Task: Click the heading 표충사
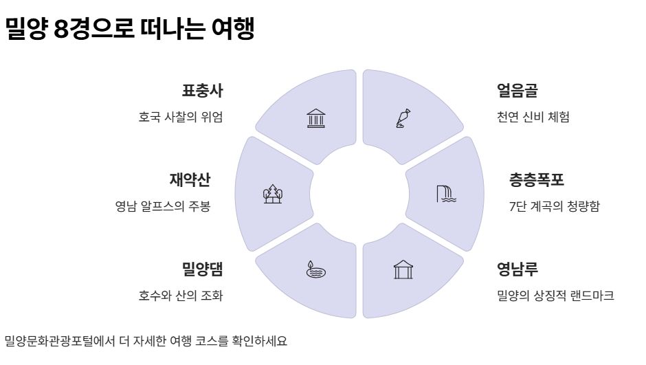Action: (x=202, y=91)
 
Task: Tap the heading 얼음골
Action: (x=517, y=91)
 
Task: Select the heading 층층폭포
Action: (x=537, y=179)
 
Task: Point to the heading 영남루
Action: (x=517, y=269)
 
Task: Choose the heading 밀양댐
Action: (x=202, y=269)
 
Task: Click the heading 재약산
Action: (x=190, y=179)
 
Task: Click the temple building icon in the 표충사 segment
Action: (x=316, y=118)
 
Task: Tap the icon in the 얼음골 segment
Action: (x=403, y=118)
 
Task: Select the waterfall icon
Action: (x=446, y=194)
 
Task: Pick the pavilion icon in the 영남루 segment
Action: (x=403, y=270)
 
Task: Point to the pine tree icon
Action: (x=273, y=194)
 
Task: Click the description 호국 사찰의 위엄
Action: (x=181, y=117)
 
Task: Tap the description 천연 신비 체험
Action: (x=533, y=117)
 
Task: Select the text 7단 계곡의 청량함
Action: (x=555, y=206)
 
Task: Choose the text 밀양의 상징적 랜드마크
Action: (x=555, y=296)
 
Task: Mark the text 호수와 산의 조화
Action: (x=181, y=296)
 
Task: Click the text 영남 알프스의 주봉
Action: (x=163, y=206)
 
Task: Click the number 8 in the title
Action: (x=61, y=29)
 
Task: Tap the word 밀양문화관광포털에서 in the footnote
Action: (x=60, y=341)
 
